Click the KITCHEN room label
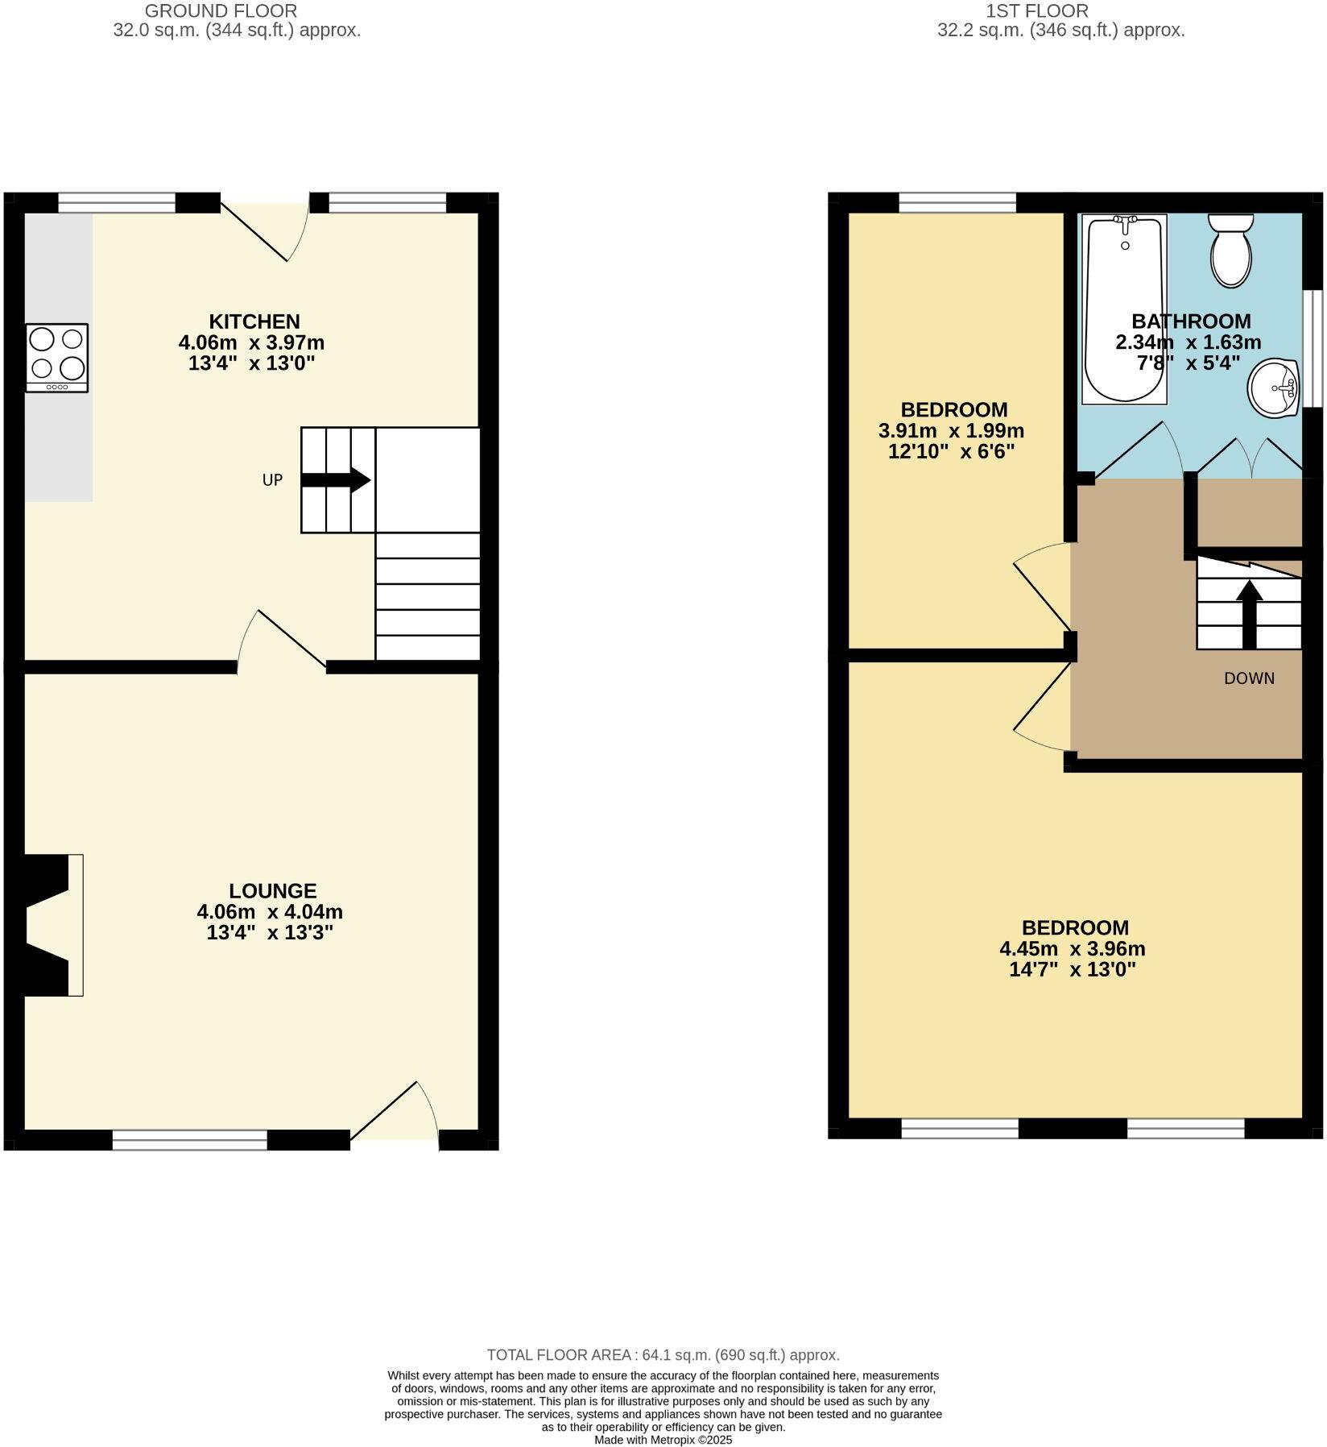pos(254,321)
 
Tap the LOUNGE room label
pos(273,890)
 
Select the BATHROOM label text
pos(1191,321)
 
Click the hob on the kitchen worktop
pos(57,357)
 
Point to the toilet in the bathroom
pos(1231,250)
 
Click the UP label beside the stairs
pos(272,480)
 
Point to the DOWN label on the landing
pos(1249,678)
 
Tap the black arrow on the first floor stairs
pos(1249,614)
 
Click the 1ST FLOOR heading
pos(1037,11)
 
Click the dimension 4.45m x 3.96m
pos(1072,948)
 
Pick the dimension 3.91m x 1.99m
pos(951,430)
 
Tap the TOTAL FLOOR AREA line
pos(663,1355)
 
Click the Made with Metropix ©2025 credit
pos(663,1440)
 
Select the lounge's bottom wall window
pos(189,1139)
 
